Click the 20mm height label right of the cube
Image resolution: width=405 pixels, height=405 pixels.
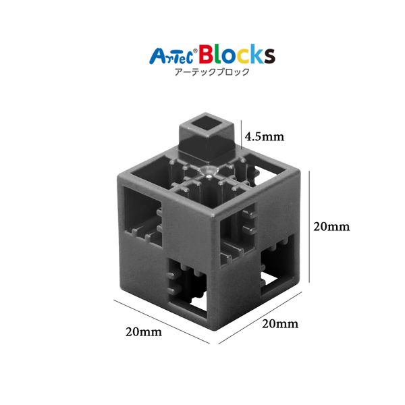click(x=331, y=226)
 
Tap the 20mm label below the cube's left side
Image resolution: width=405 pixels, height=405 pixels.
click(x=144, y=331)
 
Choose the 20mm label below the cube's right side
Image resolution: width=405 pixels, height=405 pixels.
click(x=280, y=324)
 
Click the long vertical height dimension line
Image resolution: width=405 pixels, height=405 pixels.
click(x=309, y=227)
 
